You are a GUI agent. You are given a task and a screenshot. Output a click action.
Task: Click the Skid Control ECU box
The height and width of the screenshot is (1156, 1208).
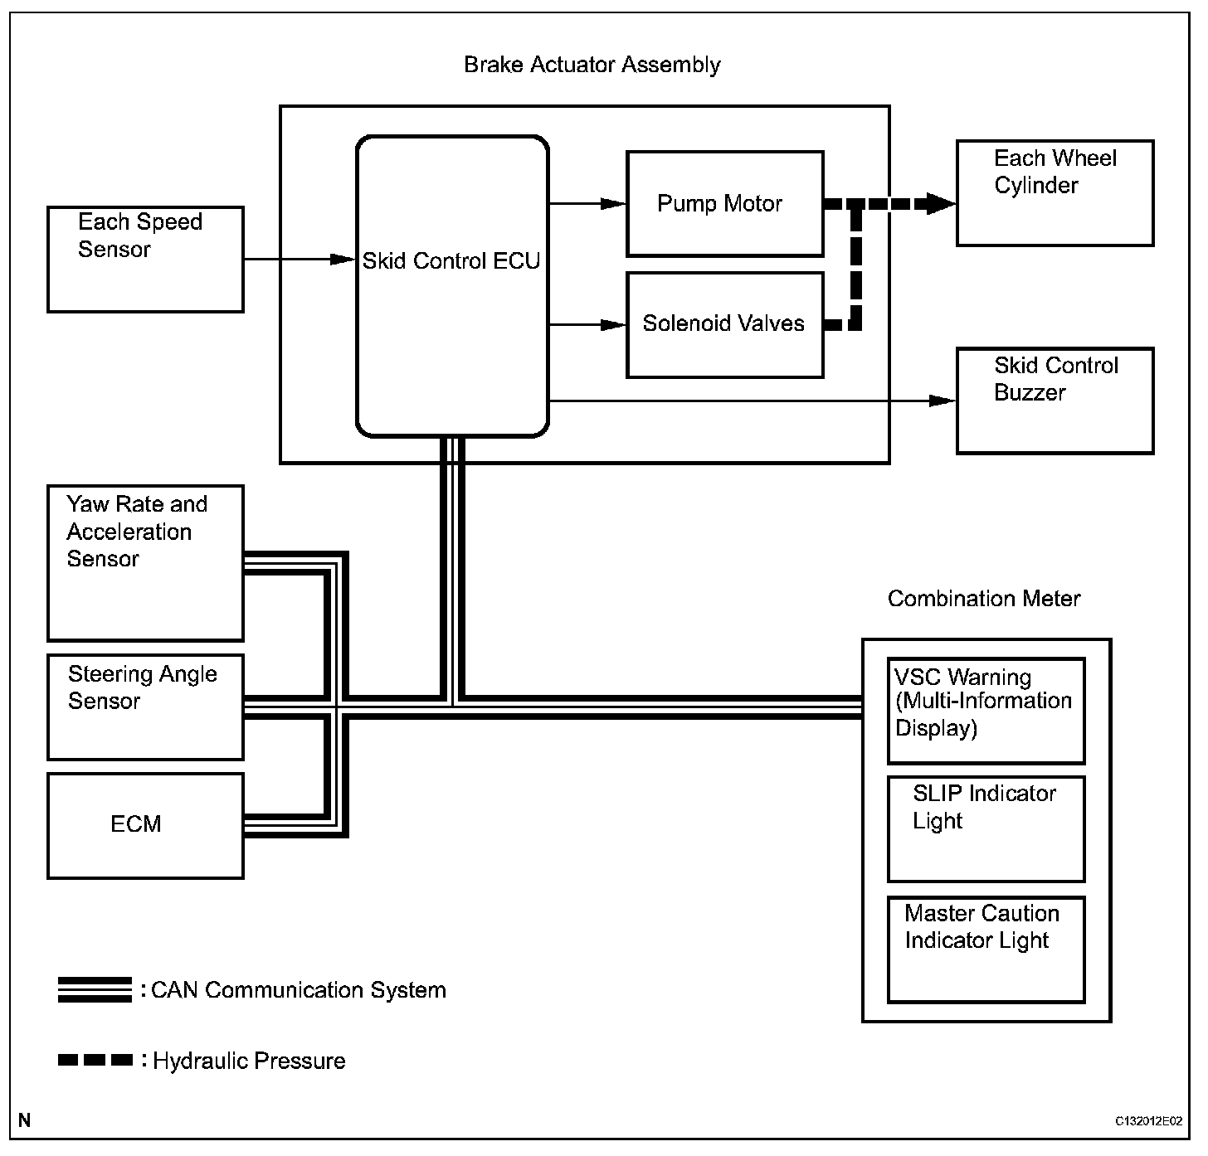pos(452,286)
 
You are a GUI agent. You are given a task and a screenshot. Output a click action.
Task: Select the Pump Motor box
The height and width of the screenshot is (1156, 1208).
pos(724,204)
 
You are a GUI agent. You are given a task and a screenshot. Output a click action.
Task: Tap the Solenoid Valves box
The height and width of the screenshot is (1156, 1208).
pos(724,324)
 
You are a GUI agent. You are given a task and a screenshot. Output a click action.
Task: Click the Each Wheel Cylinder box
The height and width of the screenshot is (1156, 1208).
pos(1055,193)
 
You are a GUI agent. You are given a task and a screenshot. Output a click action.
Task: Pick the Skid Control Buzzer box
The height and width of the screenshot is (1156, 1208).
pos(1055,401)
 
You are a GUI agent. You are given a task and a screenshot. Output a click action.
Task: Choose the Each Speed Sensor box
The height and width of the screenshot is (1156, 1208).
pos(145,260)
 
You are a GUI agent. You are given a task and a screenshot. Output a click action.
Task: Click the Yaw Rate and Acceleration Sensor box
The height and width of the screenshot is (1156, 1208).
pos(145,563)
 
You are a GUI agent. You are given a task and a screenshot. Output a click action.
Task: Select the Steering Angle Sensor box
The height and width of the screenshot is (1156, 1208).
pos(145,707)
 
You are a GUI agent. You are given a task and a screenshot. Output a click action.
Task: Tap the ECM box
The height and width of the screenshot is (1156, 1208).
pos(145,825)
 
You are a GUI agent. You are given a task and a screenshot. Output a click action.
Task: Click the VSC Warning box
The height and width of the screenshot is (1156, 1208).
pos(986,711)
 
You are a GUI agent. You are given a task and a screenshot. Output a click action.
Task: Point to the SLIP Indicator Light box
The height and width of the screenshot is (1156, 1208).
pos(986,828)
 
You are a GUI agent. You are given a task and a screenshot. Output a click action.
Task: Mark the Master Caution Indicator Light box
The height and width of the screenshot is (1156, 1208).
pos(986,949)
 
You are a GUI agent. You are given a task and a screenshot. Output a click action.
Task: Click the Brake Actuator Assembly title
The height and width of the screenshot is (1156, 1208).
pos(592,65)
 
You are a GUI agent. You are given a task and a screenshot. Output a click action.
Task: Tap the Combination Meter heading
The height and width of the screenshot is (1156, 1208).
pos(984,599)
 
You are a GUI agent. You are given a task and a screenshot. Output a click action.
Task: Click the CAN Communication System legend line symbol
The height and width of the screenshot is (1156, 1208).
pos(95,990)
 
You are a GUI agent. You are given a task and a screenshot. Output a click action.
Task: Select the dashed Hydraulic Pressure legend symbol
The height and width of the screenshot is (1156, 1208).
pos(95,1060)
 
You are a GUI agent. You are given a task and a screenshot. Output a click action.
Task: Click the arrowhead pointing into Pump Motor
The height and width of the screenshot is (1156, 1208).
pos(615,203)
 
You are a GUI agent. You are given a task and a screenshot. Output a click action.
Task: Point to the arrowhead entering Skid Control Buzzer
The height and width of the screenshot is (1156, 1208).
pos(943,401)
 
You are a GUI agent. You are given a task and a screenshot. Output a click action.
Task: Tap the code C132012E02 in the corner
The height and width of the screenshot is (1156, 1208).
pos(1148,1121)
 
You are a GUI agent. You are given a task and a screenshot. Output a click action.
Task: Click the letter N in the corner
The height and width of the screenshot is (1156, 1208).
pos(24,1121)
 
